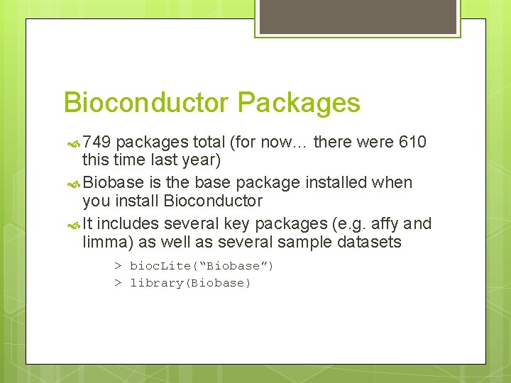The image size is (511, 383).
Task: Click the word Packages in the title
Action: point(299,103)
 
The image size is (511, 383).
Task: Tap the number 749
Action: point(97,143)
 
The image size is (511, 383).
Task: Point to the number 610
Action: point(412,143)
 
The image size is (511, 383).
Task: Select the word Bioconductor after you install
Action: point(213,201)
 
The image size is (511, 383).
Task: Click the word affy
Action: point(386,224)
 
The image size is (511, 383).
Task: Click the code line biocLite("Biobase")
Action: point(202,266)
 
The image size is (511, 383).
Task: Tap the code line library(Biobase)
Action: point(190,283)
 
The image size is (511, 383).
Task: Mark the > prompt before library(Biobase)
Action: point(119,283)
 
